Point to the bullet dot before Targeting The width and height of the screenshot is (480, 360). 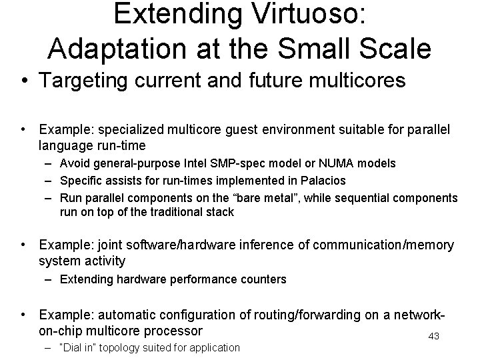24,81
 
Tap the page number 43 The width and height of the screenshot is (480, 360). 434,336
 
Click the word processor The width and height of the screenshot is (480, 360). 171,330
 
